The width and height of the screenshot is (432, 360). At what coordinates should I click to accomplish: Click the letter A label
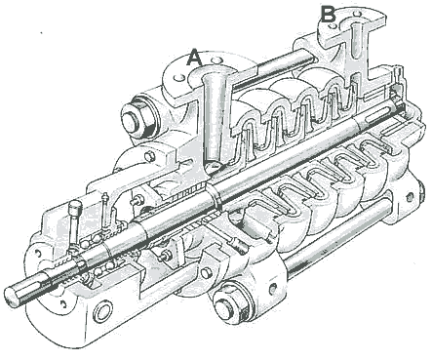[x=194, y=58]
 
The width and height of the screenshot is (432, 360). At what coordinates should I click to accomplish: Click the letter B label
[x=328, y=14]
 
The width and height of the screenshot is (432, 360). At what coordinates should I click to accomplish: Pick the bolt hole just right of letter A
[x=216, y=60]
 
